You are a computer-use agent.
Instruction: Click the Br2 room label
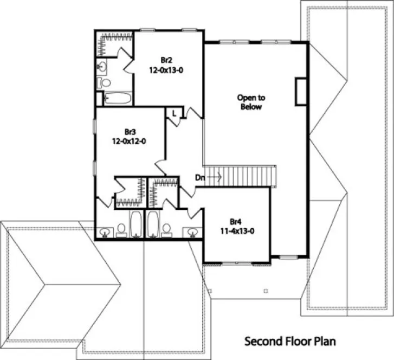(x=166, y=60)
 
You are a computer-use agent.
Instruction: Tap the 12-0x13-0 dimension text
(x=166, y=69)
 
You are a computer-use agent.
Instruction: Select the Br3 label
(x=130, y=132)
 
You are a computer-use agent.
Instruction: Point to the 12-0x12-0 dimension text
(x=130, y=141)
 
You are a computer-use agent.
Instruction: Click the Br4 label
(x=235, y=221)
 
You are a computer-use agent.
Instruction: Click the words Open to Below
(x=251, y=102)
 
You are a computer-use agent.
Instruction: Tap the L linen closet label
(x=174, y=113)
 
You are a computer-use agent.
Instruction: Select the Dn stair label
(x=200, y=177)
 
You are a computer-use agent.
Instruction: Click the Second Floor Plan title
(x=290, y=342)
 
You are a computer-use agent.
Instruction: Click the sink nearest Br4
(x=191, y=232)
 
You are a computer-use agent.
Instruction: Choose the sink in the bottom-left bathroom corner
(x=104, y=232)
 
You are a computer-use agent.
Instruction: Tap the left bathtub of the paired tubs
(x=135, y=224)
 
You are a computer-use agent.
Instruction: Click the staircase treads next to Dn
(x=249, y=176)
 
